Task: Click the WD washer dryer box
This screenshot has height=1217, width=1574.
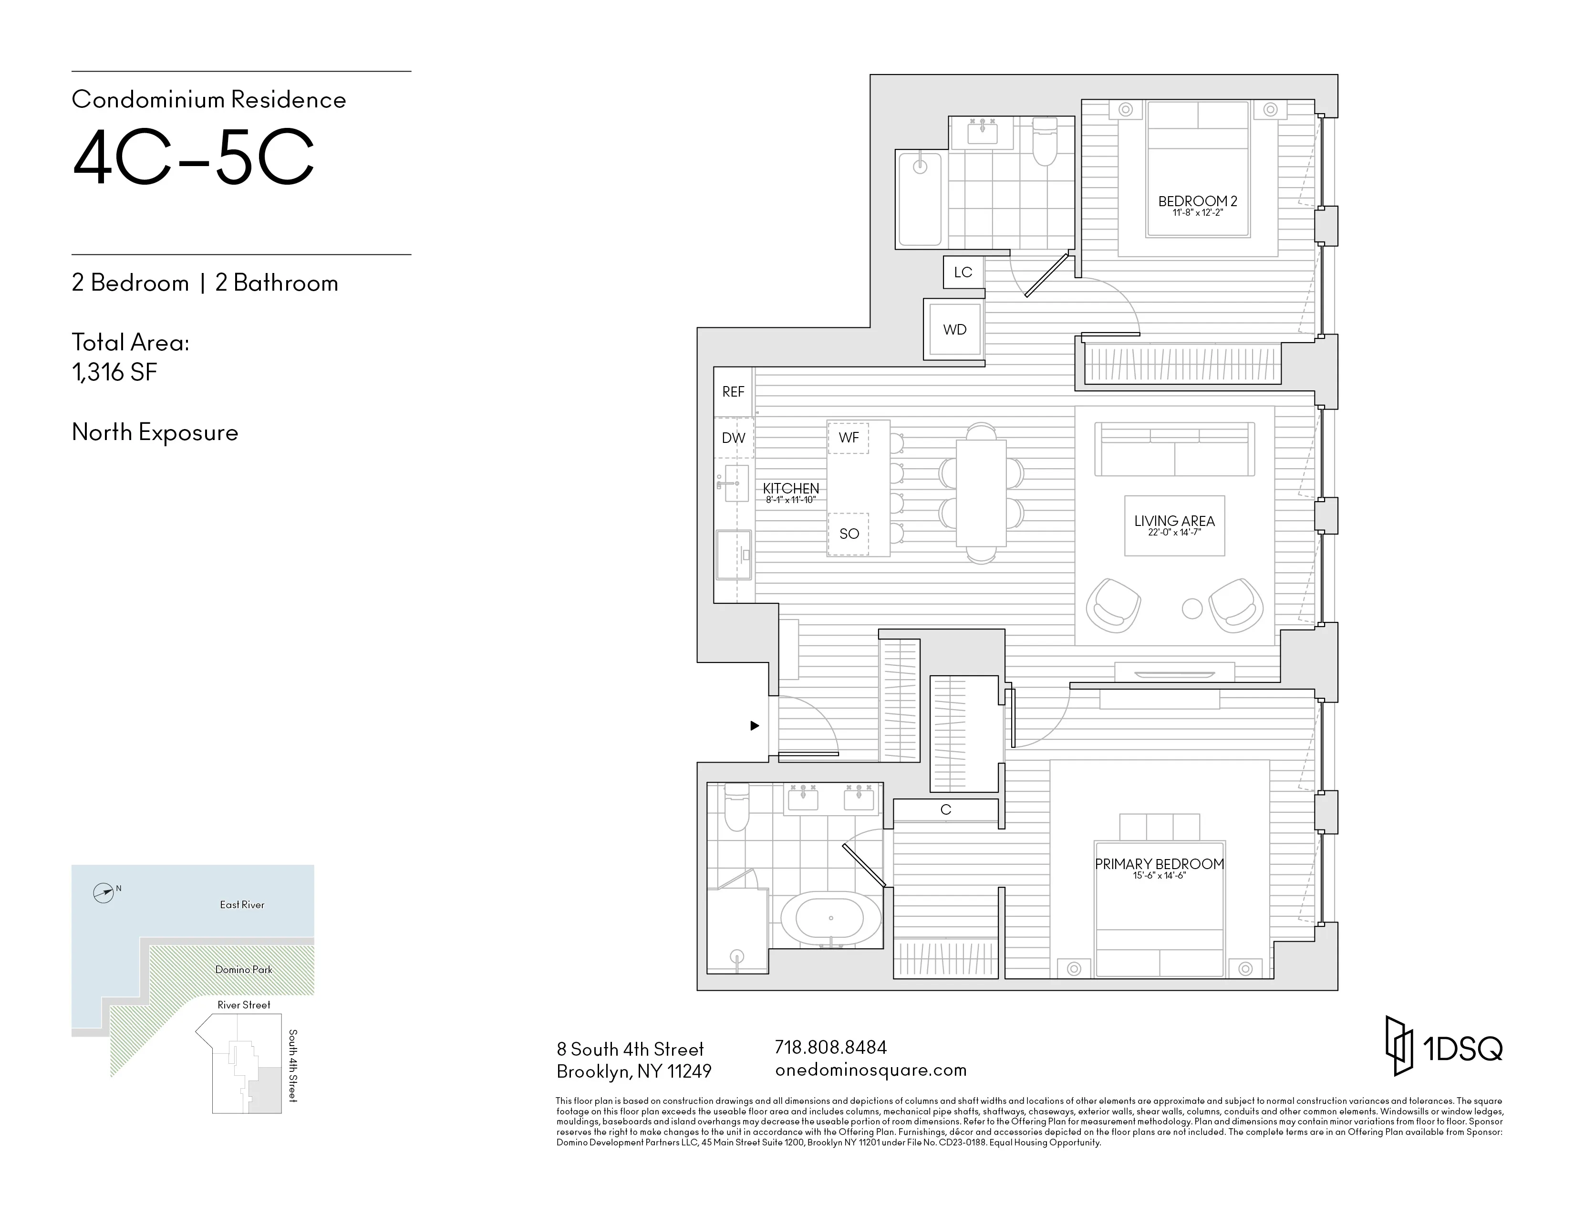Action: [x=955, y=329]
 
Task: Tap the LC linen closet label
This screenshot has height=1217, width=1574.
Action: [x=963, y=272]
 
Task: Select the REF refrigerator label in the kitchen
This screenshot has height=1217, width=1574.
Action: [x=733, y=391]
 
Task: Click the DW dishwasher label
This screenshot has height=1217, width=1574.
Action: [x=733, y=438]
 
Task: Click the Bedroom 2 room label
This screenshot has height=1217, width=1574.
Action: [x=1197, y=201]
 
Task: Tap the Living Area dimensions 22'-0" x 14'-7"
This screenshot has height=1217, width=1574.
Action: [x=1174, y=533]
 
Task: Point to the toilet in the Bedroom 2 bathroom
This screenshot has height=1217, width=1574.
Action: [x=1044, y=143]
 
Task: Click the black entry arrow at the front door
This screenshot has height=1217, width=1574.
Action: [x=755, y=725]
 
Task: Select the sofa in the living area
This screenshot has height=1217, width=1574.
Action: [x=1174, y=449]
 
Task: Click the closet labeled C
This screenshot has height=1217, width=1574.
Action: [x=945, y=809]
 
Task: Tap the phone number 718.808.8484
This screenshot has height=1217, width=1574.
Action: [x=830, y=1047]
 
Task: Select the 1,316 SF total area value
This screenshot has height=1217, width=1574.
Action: [x=114, y=372]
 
